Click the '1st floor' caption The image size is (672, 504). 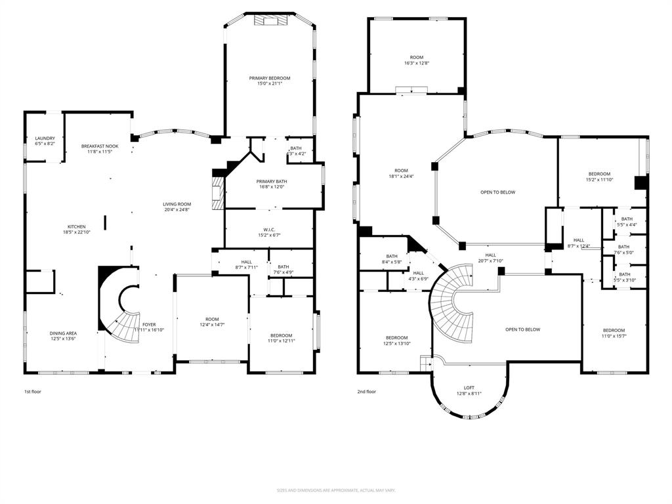coord(33,391)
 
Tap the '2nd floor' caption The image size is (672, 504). coord(367,391)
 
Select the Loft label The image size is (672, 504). coord(469,390)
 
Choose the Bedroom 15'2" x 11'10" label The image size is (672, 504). coord(598,177)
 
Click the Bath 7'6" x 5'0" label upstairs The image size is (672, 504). coord(623,249)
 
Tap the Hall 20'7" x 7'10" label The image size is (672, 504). coord(490,258)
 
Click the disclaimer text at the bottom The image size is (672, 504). coord(335,490)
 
